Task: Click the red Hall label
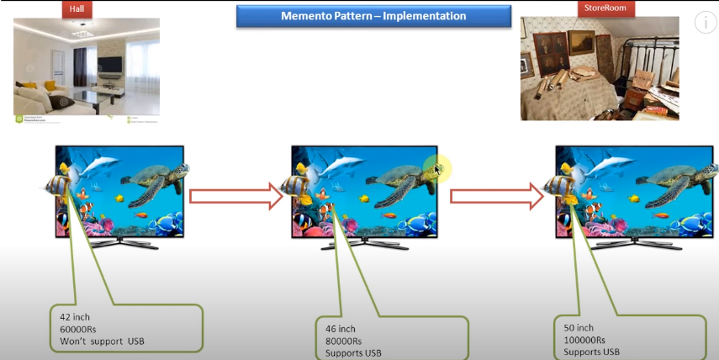click(77, 9)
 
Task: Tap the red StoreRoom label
click(598, 8)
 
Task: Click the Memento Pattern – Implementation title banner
click(374, 16)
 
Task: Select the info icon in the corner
click(705, 23)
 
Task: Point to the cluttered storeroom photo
click(599, 68)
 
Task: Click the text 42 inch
click(77, 317)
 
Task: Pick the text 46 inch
click(341, 329)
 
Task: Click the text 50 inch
click(579, 327)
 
